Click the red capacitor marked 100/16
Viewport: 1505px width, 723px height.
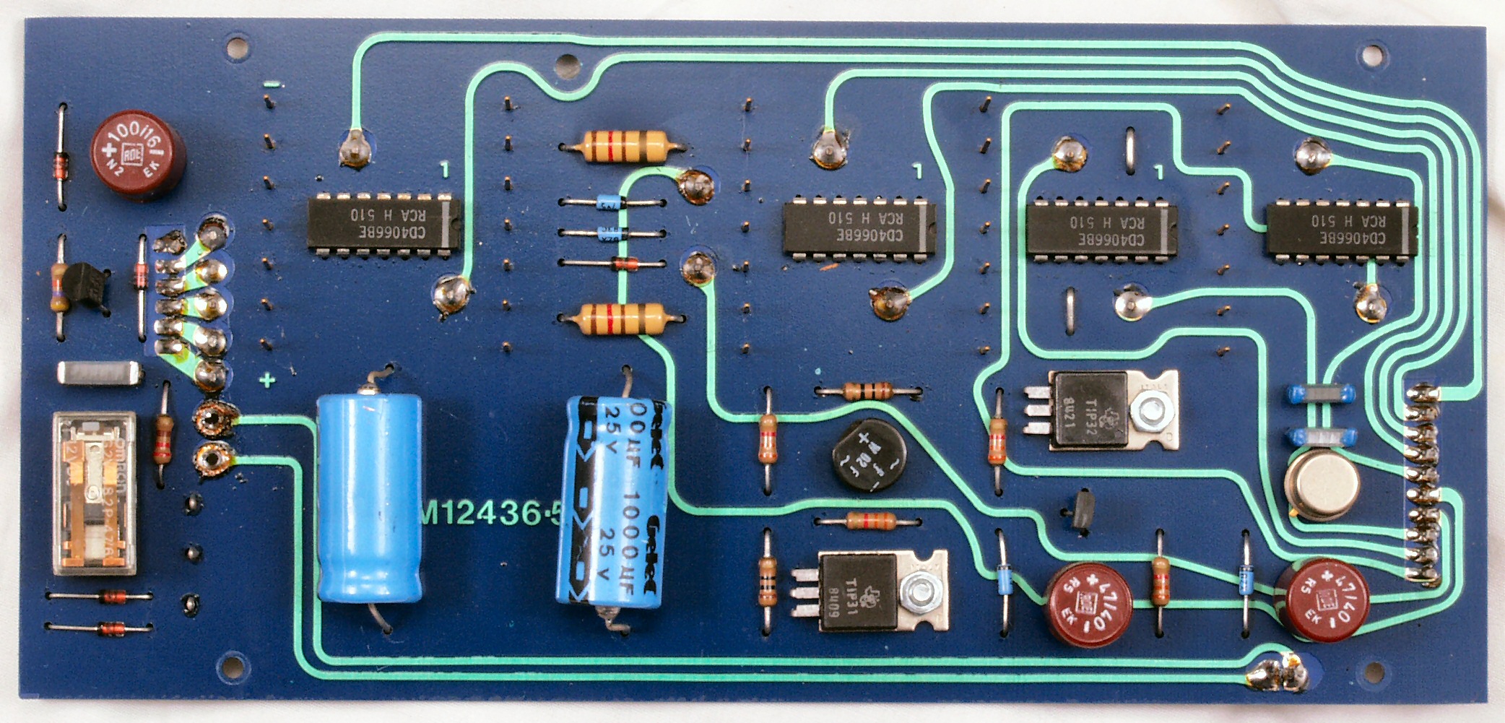click(x=136, y=158)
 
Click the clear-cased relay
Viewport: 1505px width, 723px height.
click(x=94, y=494)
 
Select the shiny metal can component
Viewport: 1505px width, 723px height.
click(x=1322, y=486)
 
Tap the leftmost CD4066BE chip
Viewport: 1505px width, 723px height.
click(x=384, y=225)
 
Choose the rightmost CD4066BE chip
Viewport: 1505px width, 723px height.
click(x=1342, y=228)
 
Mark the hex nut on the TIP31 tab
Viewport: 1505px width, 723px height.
click(x=915, y=592)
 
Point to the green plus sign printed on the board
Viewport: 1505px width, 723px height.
click(x=267, y=379)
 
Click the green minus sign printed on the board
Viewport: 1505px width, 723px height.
click(x=271, y=85)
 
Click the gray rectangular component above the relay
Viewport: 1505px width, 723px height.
click(x=99, y=373)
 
